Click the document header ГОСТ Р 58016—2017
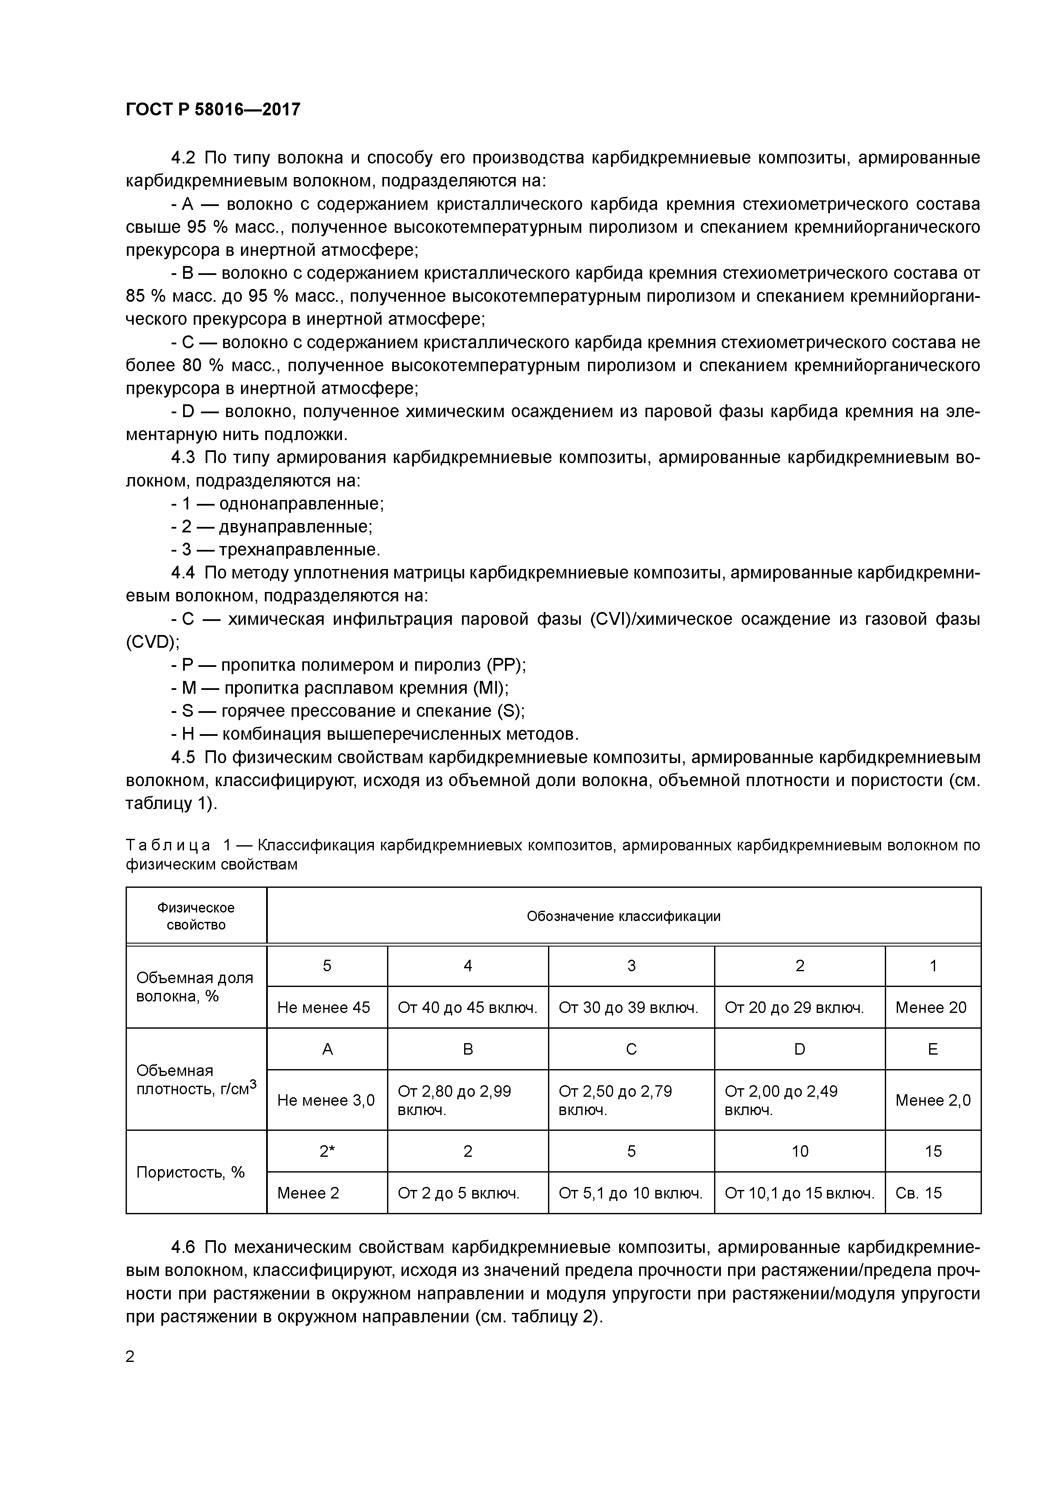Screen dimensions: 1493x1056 [x=213, y=110]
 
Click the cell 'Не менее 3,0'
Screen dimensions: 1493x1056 [x=326, y=1100]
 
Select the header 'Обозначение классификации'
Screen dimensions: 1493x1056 [x=623, y=916]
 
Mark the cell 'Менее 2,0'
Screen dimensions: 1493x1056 [x=933, y=1100]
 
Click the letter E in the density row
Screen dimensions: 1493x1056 [x=933, y=1049]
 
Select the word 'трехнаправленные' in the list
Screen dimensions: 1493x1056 [x=298, y=549]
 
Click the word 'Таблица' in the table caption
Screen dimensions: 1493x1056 [x=168, y=845]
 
